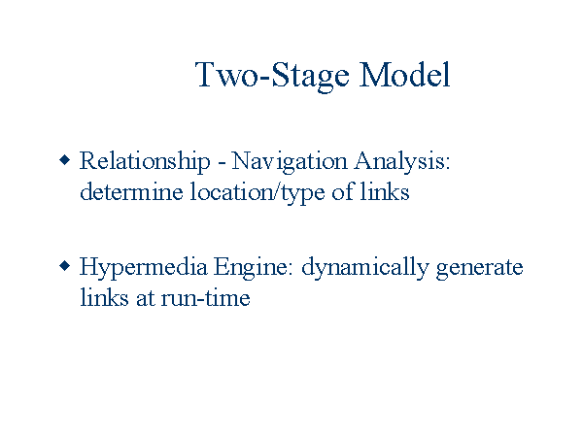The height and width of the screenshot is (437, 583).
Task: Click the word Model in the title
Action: click(405, 75)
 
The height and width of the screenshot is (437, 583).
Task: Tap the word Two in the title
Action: click(226, 75)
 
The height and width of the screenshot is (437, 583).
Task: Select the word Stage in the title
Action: click(311, 77)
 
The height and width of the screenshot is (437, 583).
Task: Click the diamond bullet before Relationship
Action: click(65, 160)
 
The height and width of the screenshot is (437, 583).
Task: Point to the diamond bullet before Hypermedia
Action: click(65, 266)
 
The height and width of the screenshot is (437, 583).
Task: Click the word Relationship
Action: click(145, 162)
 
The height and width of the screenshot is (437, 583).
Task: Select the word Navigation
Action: click(290, 162)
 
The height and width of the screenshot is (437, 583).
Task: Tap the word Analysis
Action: click(402, 162)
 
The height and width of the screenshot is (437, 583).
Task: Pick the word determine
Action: click(131, 191)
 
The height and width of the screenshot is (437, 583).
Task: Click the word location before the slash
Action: click(232, 191)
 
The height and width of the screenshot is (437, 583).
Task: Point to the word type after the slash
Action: click(302, 194)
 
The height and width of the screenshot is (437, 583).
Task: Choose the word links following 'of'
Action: click(385, 191)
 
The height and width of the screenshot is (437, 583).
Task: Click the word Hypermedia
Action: click(143, 268)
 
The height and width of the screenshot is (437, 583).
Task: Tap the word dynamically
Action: click(365, 268)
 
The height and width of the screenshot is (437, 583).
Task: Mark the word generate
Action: click(480, 269)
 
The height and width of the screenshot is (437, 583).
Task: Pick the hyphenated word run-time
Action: click(205, 297)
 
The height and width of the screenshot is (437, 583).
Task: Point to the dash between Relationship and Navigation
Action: click(222, 163)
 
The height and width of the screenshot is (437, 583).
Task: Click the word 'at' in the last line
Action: click(145, 298)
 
